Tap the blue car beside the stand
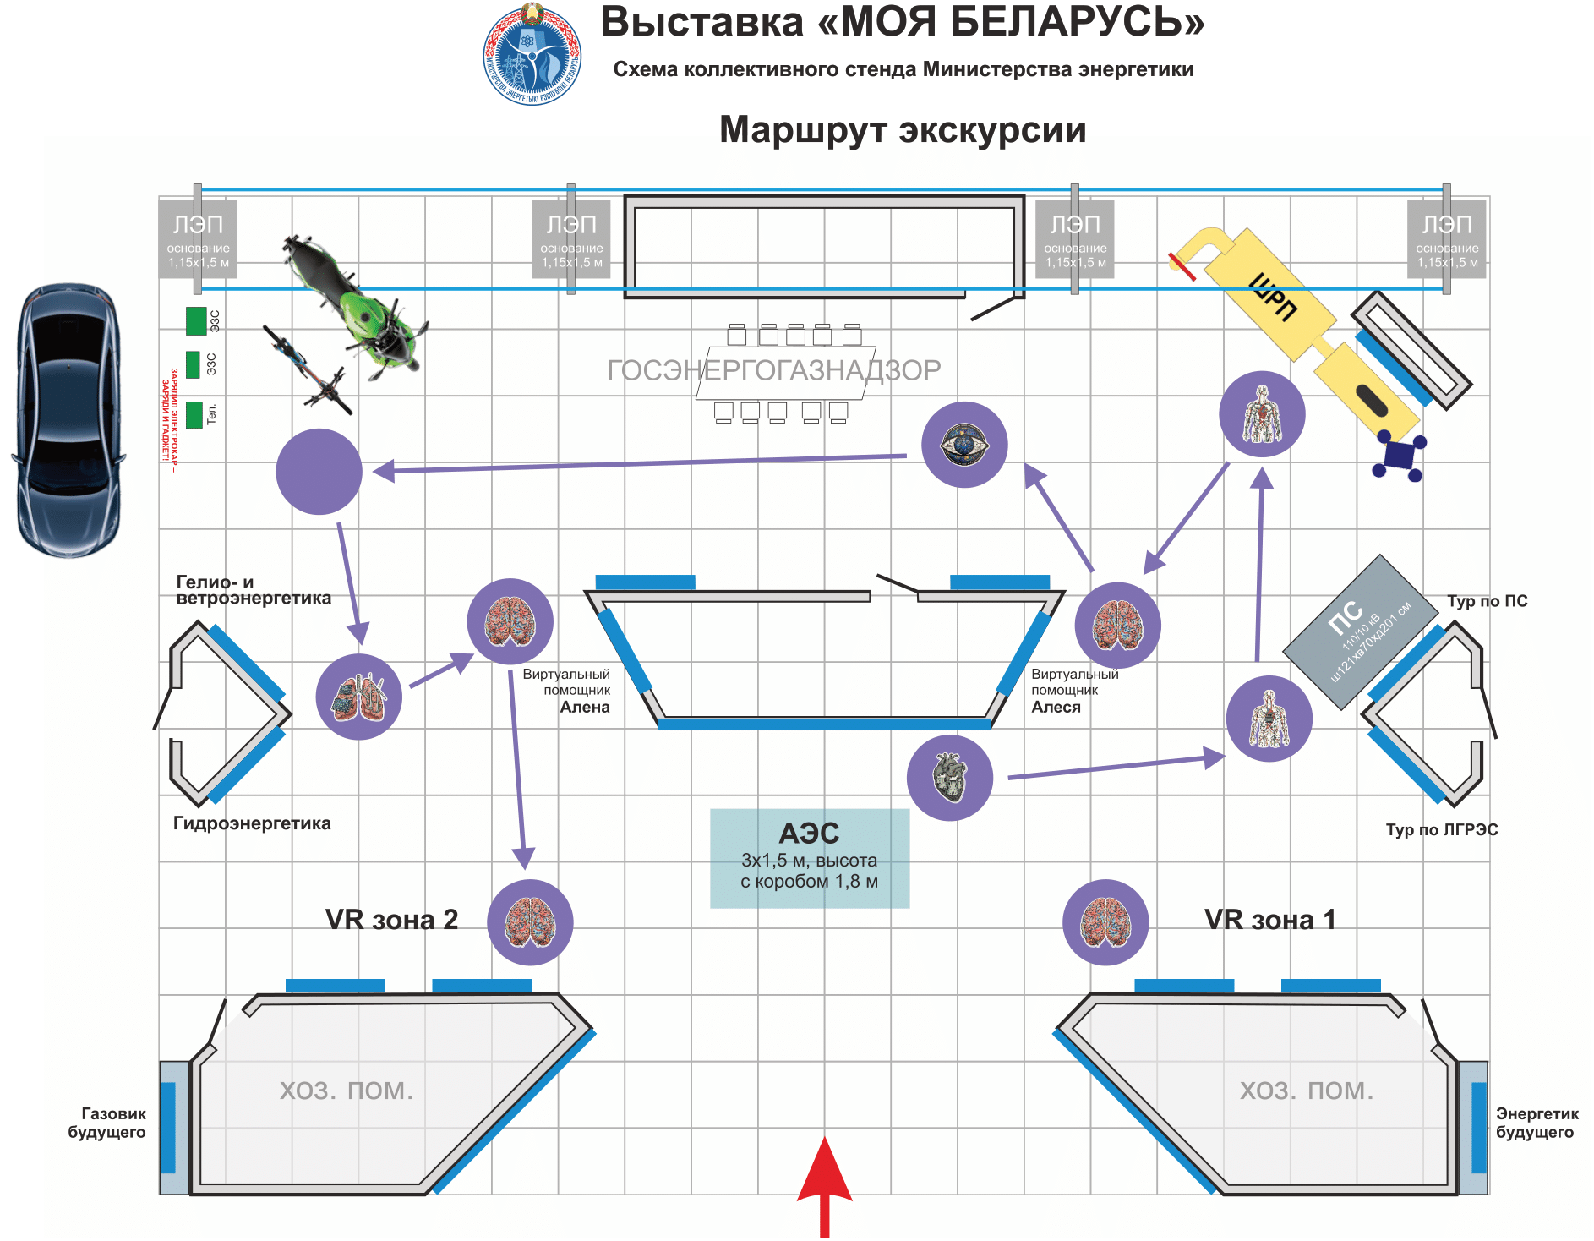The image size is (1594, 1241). (x=68, y=419)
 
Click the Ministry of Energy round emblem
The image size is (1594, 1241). (x=532, y=56)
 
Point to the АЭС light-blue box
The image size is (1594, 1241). (x=809, y=857)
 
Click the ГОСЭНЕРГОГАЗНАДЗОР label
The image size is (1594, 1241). (x=773, y=370)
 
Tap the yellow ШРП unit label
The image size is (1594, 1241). (x=1272, y=297)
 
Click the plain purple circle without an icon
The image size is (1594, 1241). (x=319, y=472)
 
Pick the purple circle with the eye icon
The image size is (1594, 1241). (x=963, y=445)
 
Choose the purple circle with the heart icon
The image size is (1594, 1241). (x=949, y=777)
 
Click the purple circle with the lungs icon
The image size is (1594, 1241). (x=358, y=697)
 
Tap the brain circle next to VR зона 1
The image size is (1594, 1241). (x=1105, y=922)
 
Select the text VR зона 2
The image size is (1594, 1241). (x=391, y=919)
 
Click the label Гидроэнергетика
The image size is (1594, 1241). (x=252, y=823)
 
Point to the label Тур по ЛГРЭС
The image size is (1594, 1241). (x=1441, y=829)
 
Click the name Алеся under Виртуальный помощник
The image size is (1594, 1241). (x=1056, y=708)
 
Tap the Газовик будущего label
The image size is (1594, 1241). (x=107, y=1123)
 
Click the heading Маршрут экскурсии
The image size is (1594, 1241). (x=902, y=130)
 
